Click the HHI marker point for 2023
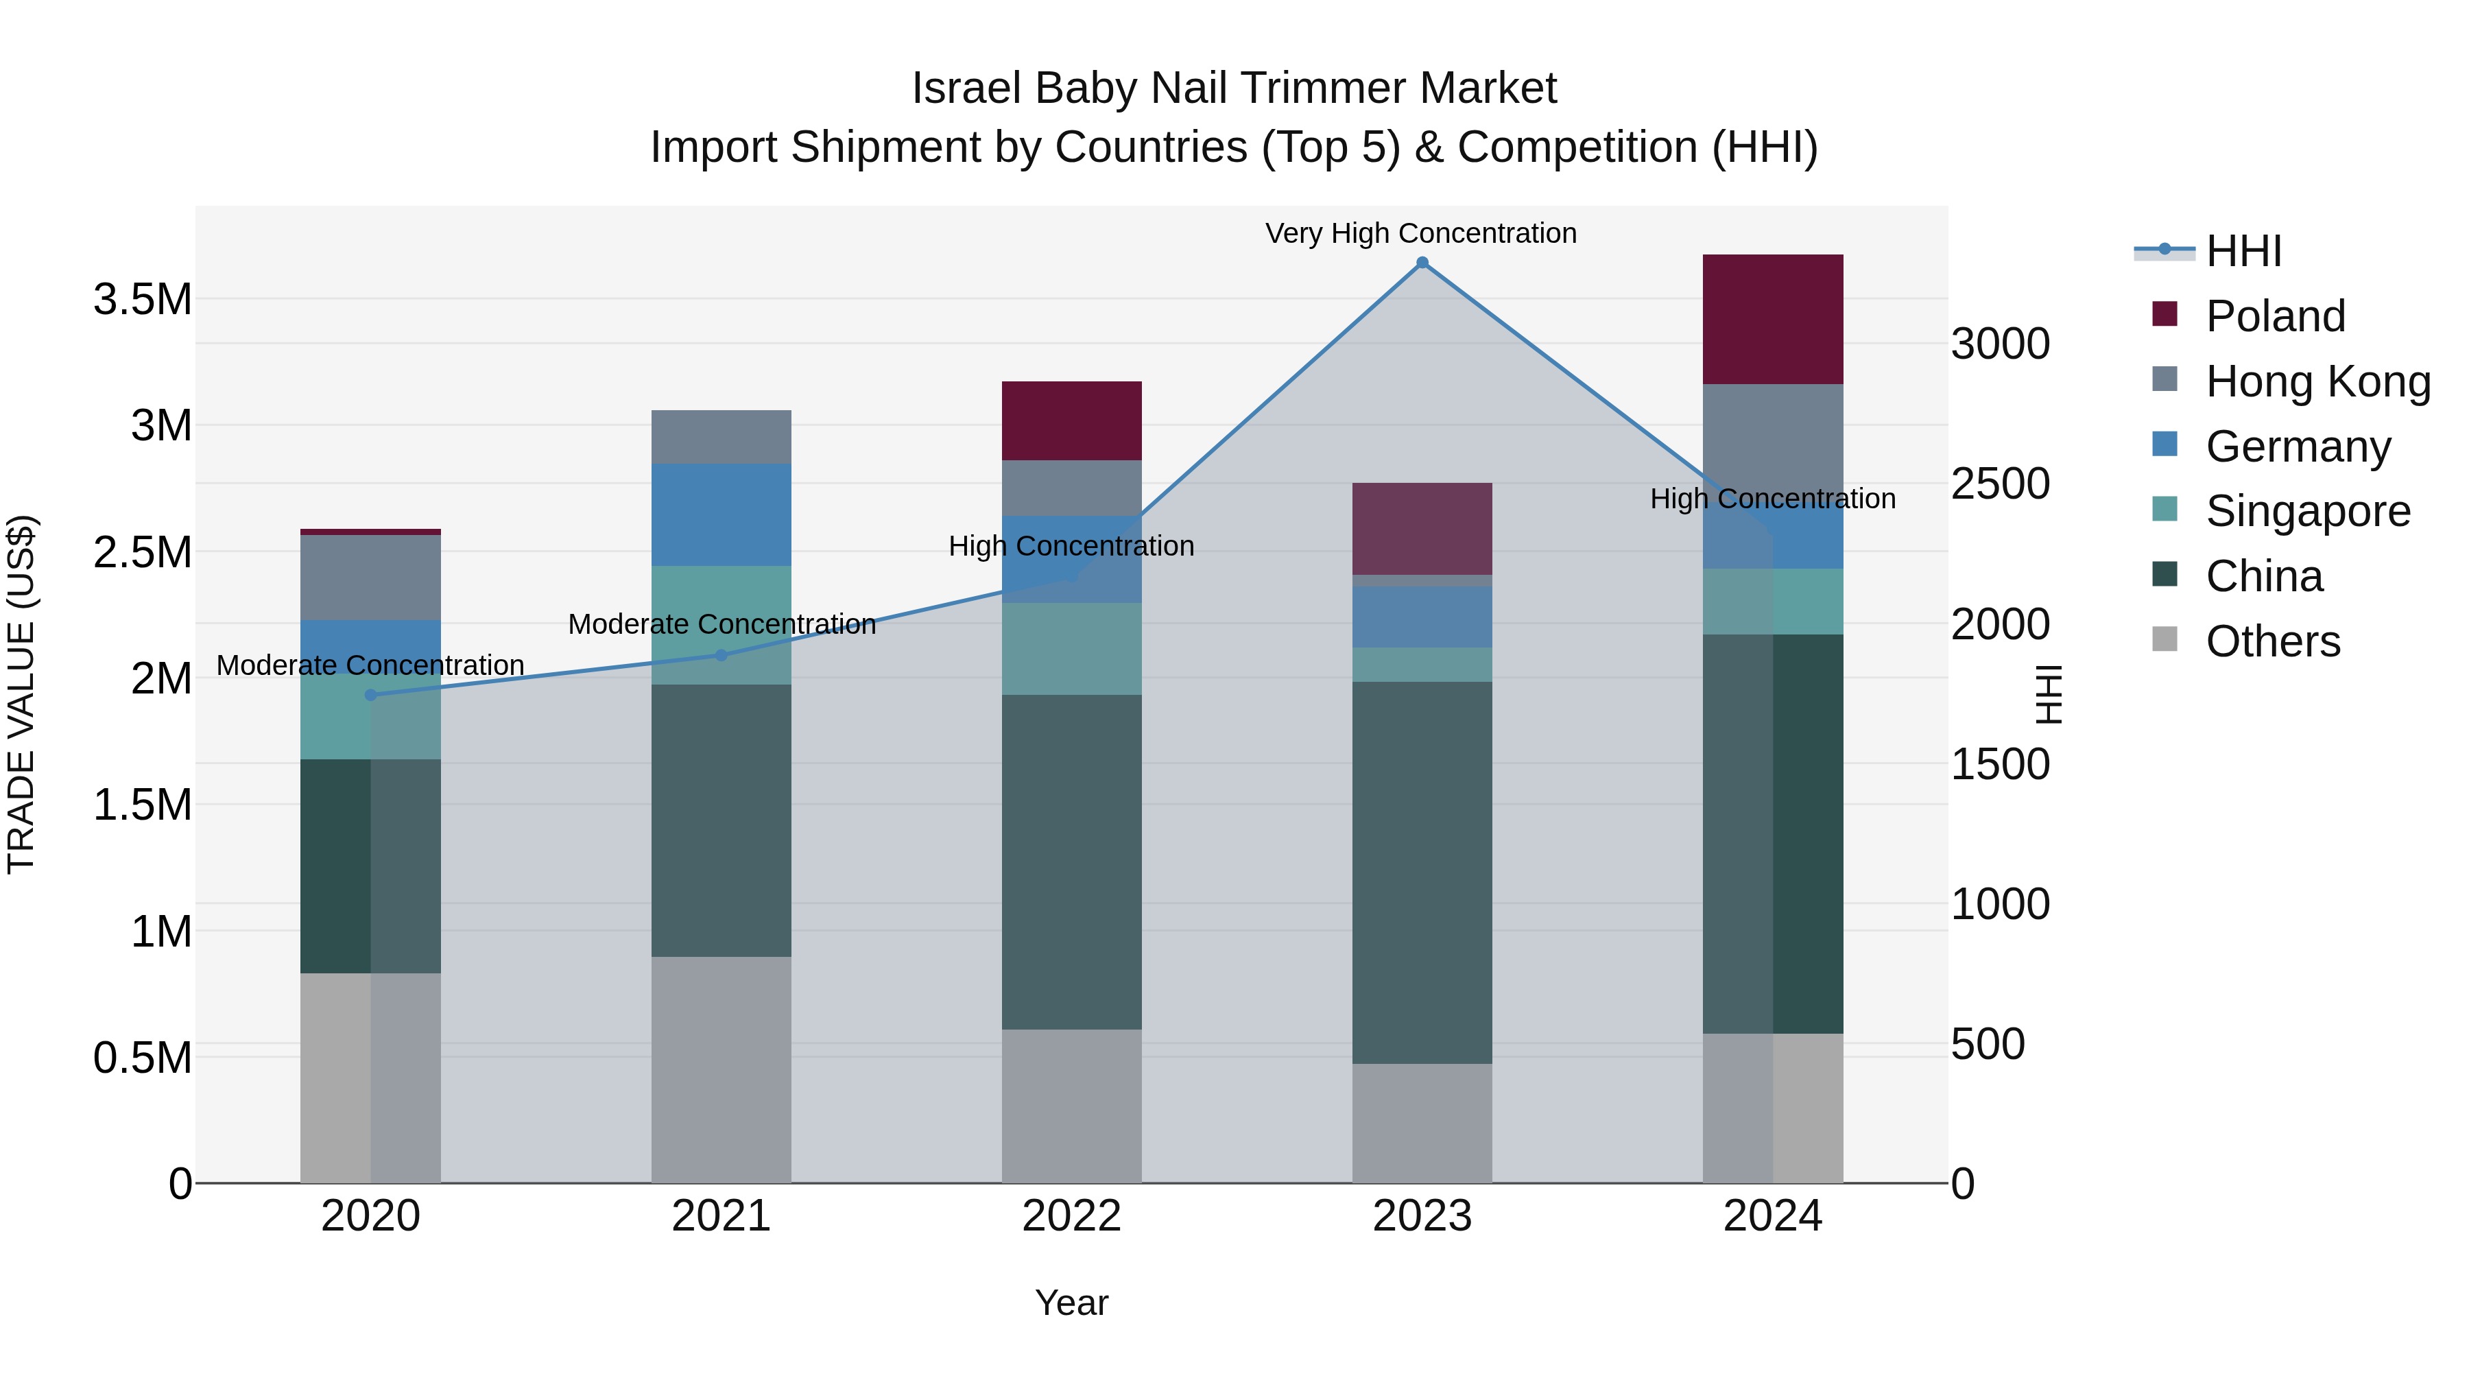(x=1422, y=263)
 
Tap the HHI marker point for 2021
(x=721, y=656)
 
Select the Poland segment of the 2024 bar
(x=1772, y=319)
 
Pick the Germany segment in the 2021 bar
(x=721, y=514)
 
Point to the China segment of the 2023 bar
(x=1422, y=872)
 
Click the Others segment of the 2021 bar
(x=721, y=1069)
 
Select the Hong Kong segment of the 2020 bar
(x=371, y=577)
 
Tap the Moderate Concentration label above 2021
(x=721, y=624)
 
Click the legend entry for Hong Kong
(x=2317, y=381)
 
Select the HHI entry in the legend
(x=2243, y=251)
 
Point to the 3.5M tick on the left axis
(x=142, y=300)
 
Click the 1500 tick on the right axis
(x=2001, y=764)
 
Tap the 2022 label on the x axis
(x=1071, y=1216)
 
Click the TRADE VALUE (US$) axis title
(x=21, y=694)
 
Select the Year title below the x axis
(x=1071, y=1303)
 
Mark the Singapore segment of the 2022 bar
(x=1071, y=648)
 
